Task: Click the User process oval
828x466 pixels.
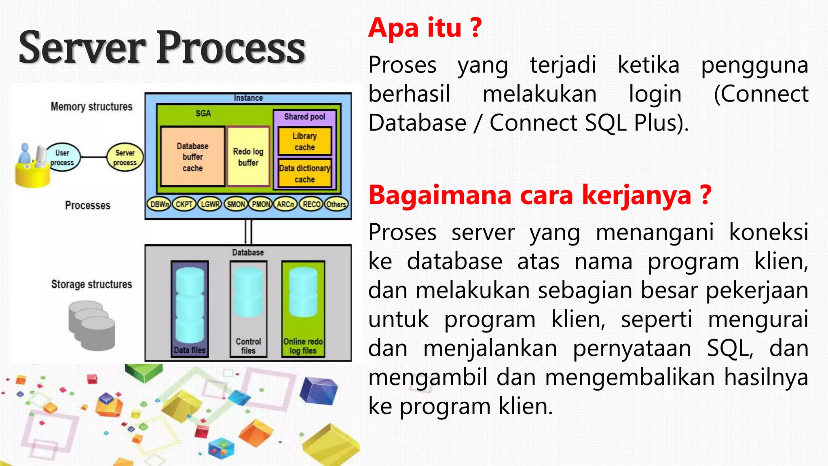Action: click(63, 157)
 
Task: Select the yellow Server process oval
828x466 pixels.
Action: click(125, 157)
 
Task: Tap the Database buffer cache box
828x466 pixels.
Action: click(192, 157)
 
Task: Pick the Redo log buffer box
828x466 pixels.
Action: click(248, 157)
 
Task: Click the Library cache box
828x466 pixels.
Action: click(305, 141)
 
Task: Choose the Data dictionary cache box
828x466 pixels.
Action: click(305, 174)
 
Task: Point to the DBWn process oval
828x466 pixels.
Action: click(159, 204)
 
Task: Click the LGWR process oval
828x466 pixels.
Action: click(210, 204)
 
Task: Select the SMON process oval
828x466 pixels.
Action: click(236, 204)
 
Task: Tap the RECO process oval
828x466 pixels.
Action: click(311, 204)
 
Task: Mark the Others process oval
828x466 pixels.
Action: click(336, 204)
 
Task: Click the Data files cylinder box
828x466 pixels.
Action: click(190, 309)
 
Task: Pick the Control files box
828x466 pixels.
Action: click(248, 309)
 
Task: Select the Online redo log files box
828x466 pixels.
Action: click(303, 309)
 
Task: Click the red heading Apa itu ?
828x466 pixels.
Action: click(425, 28)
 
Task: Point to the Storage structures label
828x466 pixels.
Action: click(91, 284)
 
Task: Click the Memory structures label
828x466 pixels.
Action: click(91, 106)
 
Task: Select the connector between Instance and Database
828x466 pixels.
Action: click(248, 232)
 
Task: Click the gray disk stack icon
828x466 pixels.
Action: click(91, 326)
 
